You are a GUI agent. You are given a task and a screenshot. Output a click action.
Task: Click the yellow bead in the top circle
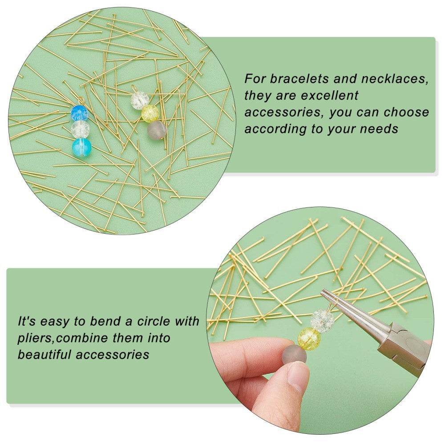(x=150, y=113)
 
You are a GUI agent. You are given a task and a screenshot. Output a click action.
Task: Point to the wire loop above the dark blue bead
(x=81, y=100)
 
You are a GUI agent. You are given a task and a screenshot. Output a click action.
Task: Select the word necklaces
(x=395, y=79)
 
